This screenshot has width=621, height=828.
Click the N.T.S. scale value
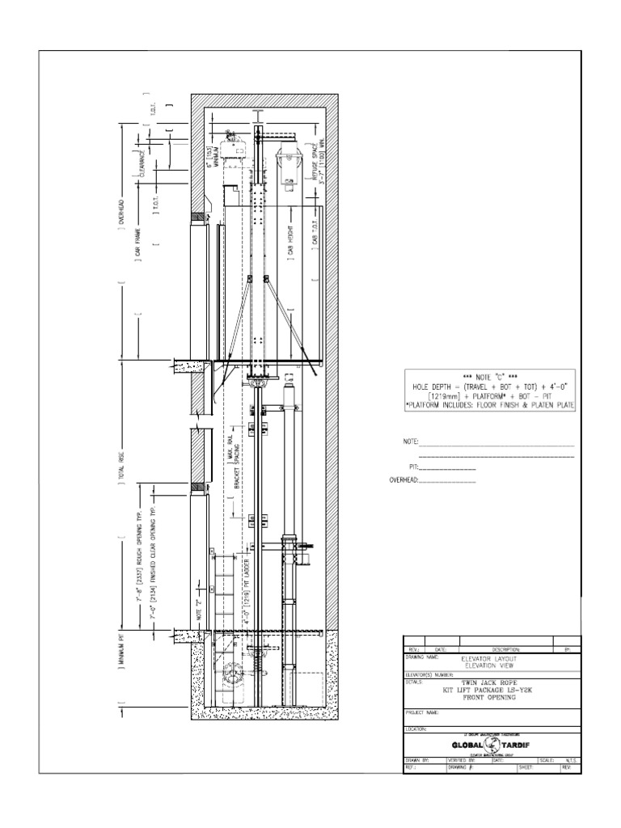pyautogui.click(x=571, y=761)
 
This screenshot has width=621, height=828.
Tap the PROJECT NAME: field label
pyautogui.click(x=420, y=712)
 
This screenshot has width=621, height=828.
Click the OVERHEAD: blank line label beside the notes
pyautogui.click(x=403, y=481)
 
